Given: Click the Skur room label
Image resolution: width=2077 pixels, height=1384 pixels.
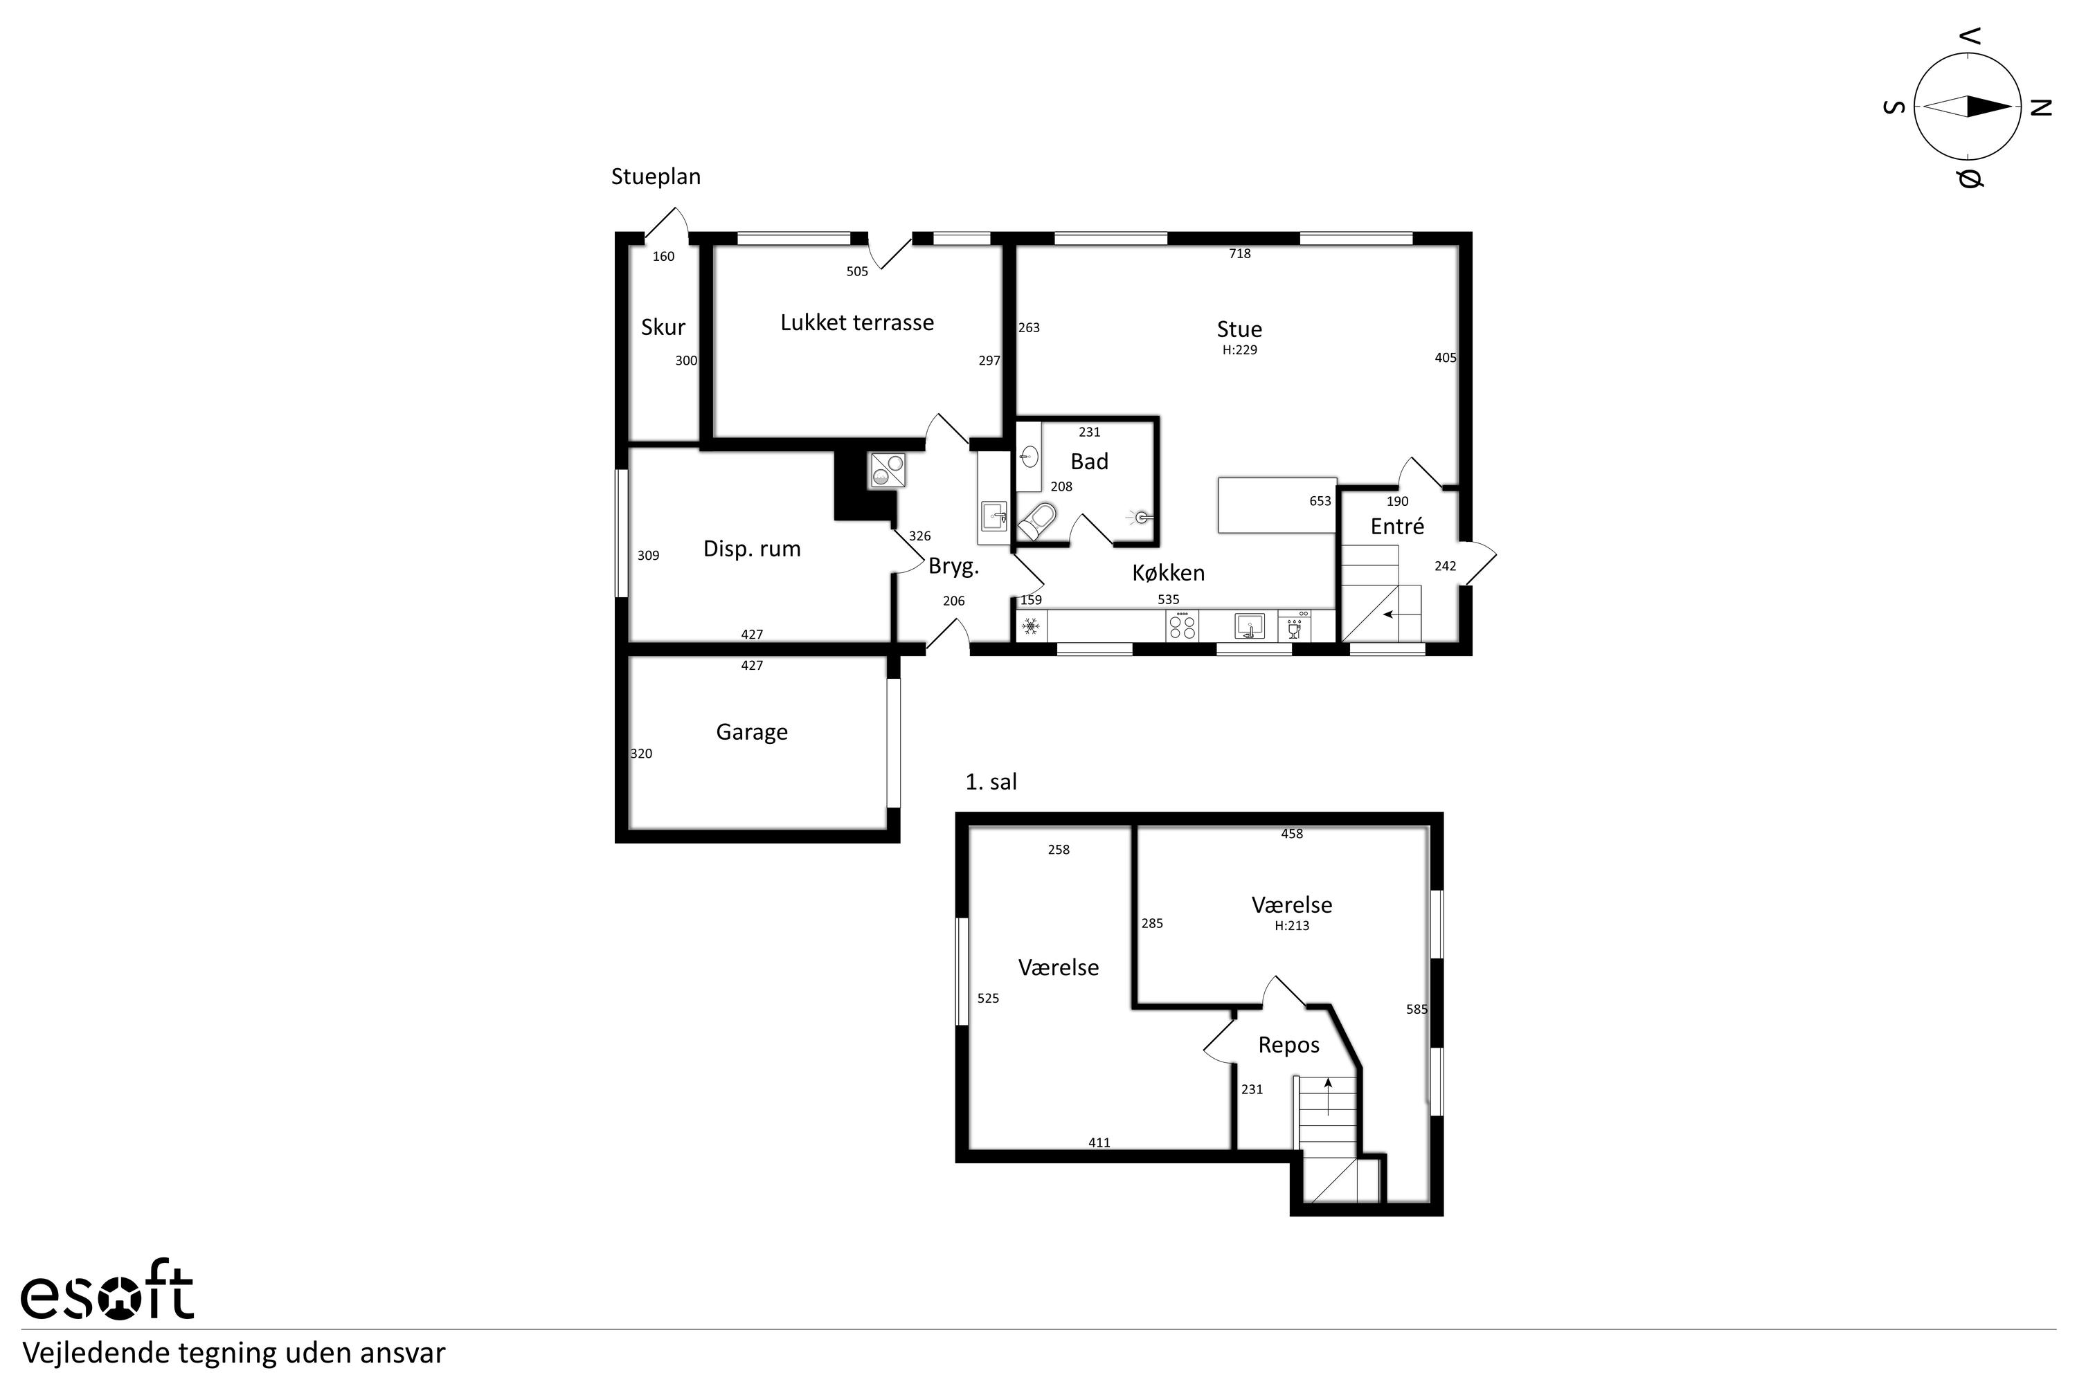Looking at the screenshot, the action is point(663,327).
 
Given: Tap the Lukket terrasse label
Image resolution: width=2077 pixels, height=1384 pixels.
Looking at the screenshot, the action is point(856,322).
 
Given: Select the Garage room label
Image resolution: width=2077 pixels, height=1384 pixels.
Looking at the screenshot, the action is point(751,731).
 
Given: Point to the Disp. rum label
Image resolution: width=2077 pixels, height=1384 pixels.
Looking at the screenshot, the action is point(751,549).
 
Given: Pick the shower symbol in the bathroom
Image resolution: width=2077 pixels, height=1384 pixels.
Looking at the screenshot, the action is point(1140,517).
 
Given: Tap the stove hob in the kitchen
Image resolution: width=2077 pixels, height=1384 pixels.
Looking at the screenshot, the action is point(1182,627).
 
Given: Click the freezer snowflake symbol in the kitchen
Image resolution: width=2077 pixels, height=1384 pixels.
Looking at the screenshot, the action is point(1029,628).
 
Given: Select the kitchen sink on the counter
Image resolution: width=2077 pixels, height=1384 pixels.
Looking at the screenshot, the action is point(1250,626).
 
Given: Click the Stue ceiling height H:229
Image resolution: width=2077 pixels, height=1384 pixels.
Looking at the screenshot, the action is point(1239,349).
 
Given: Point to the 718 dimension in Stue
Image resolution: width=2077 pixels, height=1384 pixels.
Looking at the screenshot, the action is point(1239,253).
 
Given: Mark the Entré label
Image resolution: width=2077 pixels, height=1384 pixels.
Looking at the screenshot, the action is point(1397,526).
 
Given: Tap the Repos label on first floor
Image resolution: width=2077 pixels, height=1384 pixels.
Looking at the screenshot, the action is point(1288,1045).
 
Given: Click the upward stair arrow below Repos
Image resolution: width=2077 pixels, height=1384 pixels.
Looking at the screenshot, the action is point(1327,1096).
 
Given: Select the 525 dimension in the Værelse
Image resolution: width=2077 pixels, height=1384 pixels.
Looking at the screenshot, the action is point(988,999).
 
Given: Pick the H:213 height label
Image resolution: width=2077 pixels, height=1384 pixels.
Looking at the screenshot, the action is point(1292,926).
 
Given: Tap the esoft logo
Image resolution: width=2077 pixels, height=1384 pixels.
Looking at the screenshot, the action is point(107,1294).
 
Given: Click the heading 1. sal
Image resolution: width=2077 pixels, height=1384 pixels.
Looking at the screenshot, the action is point(991,782).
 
